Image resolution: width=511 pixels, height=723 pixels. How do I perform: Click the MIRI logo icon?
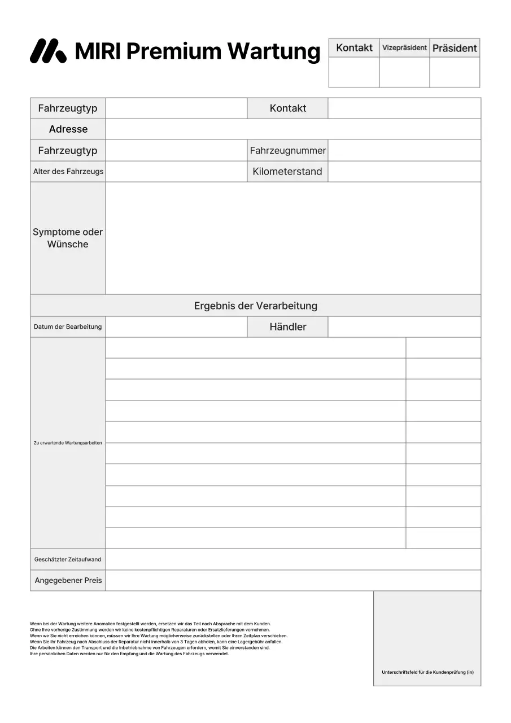(47, 51)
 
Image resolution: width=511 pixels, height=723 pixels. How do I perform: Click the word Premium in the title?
(173, 51)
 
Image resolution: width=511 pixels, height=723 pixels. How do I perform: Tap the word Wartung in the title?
(274, 51)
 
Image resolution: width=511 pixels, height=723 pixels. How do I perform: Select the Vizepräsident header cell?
(404, 48)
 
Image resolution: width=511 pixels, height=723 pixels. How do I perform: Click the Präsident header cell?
(455, 48)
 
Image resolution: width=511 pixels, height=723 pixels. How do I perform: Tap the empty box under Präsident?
(455, 72)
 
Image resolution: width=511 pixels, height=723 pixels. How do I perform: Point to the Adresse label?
(68, 129)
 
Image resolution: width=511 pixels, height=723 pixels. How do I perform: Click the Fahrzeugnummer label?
(287, 151)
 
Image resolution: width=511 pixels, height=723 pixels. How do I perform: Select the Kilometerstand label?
(287, 172)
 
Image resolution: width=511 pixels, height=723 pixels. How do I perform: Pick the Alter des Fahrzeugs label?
(68, 172)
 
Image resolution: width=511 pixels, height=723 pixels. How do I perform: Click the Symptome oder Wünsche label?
(68, 238)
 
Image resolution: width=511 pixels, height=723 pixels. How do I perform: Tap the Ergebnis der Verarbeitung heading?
(255, 306)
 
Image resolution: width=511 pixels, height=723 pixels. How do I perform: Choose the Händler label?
(287, 327)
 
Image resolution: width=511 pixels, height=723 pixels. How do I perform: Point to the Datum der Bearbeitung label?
(68, 327)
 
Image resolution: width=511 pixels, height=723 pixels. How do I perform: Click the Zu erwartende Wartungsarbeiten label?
(68, 443)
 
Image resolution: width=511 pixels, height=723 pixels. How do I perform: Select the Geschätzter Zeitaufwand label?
(68, 559)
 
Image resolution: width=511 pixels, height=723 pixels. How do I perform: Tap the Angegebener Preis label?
(68, 581)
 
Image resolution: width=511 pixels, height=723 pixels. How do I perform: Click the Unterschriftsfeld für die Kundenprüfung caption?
(427, 672)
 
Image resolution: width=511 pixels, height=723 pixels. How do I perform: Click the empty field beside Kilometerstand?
(404, 172)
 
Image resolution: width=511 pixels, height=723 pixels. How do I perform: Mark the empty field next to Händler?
(404, 327)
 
